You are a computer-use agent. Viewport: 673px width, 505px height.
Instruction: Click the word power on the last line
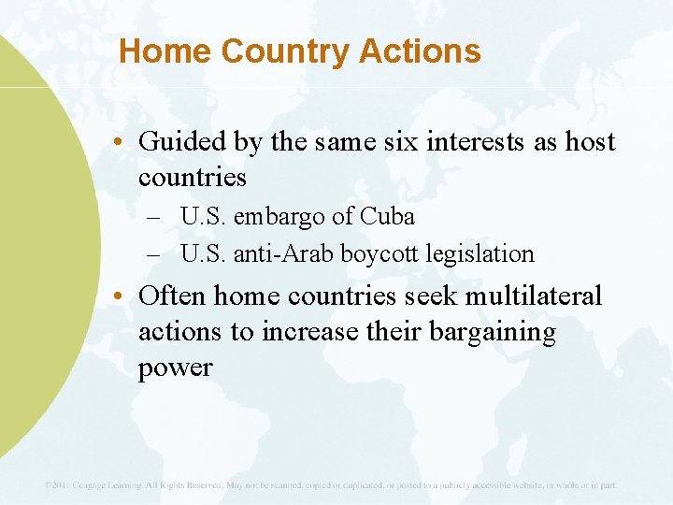tap(175, 368)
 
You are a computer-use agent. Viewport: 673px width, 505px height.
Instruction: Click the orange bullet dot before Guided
tap(123, 143)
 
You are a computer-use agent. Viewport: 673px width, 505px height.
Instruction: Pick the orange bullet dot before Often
tap(123, 297)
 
